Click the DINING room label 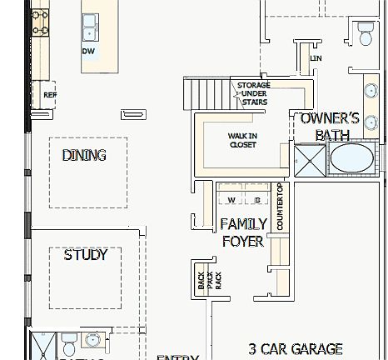point(84,155)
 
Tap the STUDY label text point(86,255)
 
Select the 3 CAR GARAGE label point(296,348)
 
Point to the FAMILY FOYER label point(243,232)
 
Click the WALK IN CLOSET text point(242,140)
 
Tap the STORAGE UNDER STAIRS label point(252,93)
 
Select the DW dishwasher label point(87,51)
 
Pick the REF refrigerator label point(49,95)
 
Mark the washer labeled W point(231,200)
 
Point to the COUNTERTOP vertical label point(280,207)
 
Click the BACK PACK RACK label point(210,281)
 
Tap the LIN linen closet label point(315,59)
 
